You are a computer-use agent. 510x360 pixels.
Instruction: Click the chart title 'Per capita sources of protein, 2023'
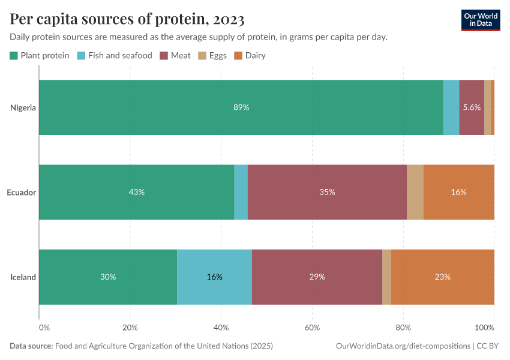point(127,20)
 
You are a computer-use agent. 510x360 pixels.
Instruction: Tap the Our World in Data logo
point(480,20)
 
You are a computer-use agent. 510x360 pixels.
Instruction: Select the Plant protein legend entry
point(40,56)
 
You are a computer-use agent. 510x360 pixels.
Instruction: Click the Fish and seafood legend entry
point(114,56)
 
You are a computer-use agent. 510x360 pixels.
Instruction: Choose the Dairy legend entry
point(250,56)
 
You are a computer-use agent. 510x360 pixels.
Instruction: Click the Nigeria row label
point(23,108)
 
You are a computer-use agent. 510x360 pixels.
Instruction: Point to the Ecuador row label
point(22,193)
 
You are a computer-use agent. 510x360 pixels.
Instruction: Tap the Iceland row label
point(23,277)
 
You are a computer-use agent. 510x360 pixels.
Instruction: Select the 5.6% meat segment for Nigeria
point(472,107)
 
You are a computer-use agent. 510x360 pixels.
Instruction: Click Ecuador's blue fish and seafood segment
point(241,192)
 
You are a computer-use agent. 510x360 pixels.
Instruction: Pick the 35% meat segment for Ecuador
point(327,192)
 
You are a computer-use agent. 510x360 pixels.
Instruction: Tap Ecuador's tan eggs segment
point(415,192)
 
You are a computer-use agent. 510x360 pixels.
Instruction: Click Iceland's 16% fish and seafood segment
point(214,277)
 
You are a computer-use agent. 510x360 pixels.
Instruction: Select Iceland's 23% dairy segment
point(442,277)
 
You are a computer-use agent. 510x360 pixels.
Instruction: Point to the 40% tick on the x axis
point(221,328)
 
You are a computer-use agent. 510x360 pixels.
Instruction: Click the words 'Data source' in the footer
point(31,346)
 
